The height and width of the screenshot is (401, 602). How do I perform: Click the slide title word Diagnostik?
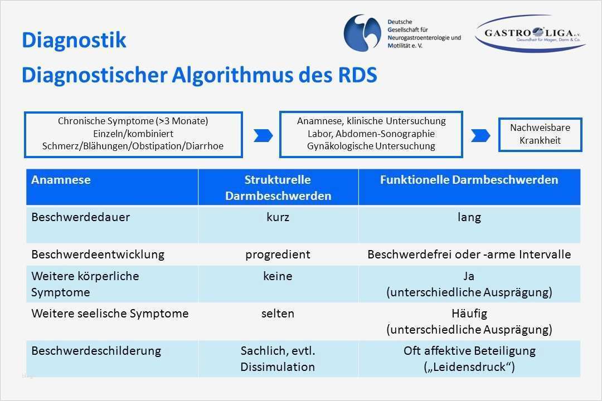click(74, 41)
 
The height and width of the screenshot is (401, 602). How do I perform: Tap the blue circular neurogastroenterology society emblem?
click(363, 33)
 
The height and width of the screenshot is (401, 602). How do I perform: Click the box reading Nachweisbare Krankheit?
click(540, 134)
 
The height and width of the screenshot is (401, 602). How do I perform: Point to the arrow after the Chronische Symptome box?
click(263, 135)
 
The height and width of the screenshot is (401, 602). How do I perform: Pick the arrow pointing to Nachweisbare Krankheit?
click(480, 135)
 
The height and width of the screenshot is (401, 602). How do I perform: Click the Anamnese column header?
click(61, 180)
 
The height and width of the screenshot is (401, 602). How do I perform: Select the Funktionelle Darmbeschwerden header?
click(469, 180)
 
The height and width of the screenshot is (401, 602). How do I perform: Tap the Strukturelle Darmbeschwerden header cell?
click(278, 188)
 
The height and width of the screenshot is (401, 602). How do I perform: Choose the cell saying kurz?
click(278, 217)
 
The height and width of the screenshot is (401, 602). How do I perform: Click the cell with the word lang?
click(469, 217)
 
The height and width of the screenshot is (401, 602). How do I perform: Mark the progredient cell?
click(278, 255)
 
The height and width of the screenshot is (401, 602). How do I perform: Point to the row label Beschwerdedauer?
click(80, 217)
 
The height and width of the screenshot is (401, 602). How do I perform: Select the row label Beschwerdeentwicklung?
click(98, 255)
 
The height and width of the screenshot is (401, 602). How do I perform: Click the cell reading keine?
click(278, 276)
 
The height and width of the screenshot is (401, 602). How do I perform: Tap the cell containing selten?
click(278, 314)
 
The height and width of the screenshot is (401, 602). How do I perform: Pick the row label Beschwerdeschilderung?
click(96, 351)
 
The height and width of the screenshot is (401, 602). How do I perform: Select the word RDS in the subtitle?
click(355, 75)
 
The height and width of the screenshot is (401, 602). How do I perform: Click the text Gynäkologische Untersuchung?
click(371, 146)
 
